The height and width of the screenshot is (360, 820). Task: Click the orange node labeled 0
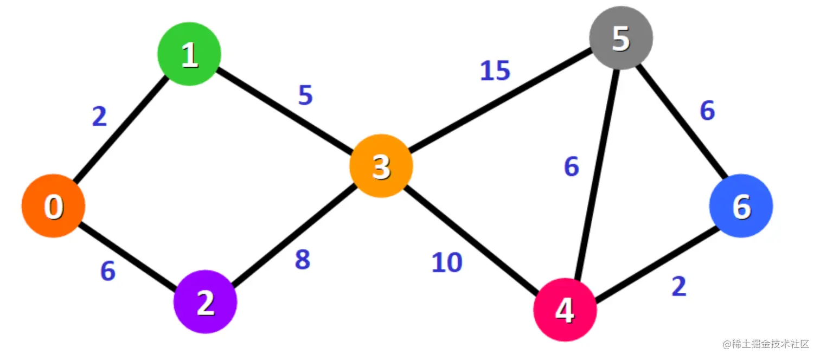pyautogui.click(x=53, y=206)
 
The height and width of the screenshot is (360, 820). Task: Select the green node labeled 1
pyautogui.click(x=189, y=54)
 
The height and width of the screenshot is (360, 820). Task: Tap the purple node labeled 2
pyautogui.click(x=205, y=303)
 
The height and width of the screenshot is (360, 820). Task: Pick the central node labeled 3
pyautogui.click(x=381, y=166)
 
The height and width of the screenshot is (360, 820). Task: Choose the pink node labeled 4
pyautogui.click(x=565, y=310)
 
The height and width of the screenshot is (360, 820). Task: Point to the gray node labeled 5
pyautogui.click(x=621, y=38)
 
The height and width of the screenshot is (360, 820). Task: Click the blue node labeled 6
pyautogui.click(x=741, y=205)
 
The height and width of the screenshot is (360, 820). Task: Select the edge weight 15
pyautogui.click(x=495, y=71)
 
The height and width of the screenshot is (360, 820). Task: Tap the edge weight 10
pyautogui.click(x=447, y=263)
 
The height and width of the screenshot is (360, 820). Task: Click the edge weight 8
pyautogui.click(x=303, y=260)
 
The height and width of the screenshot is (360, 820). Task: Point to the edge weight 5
pyautogui.click(x=305, y=95)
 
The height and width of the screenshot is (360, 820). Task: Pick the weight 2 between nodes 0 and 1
pyautogui.click(x=99, y=117)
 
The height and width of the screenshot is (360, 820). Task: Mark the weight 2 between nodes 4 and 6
pyautogui.click(x=679, y=287)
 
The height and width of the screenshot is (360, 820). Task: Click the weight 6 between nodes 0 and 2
pyautogui.click(x=108, y=271)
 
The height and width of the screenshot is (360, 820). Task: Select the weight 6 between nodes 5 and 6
pyautogui.click(x=707, y=111)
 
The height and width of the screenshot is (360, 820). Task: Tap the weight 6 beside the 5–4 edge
pyautogui.click(x=571, y=167)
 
